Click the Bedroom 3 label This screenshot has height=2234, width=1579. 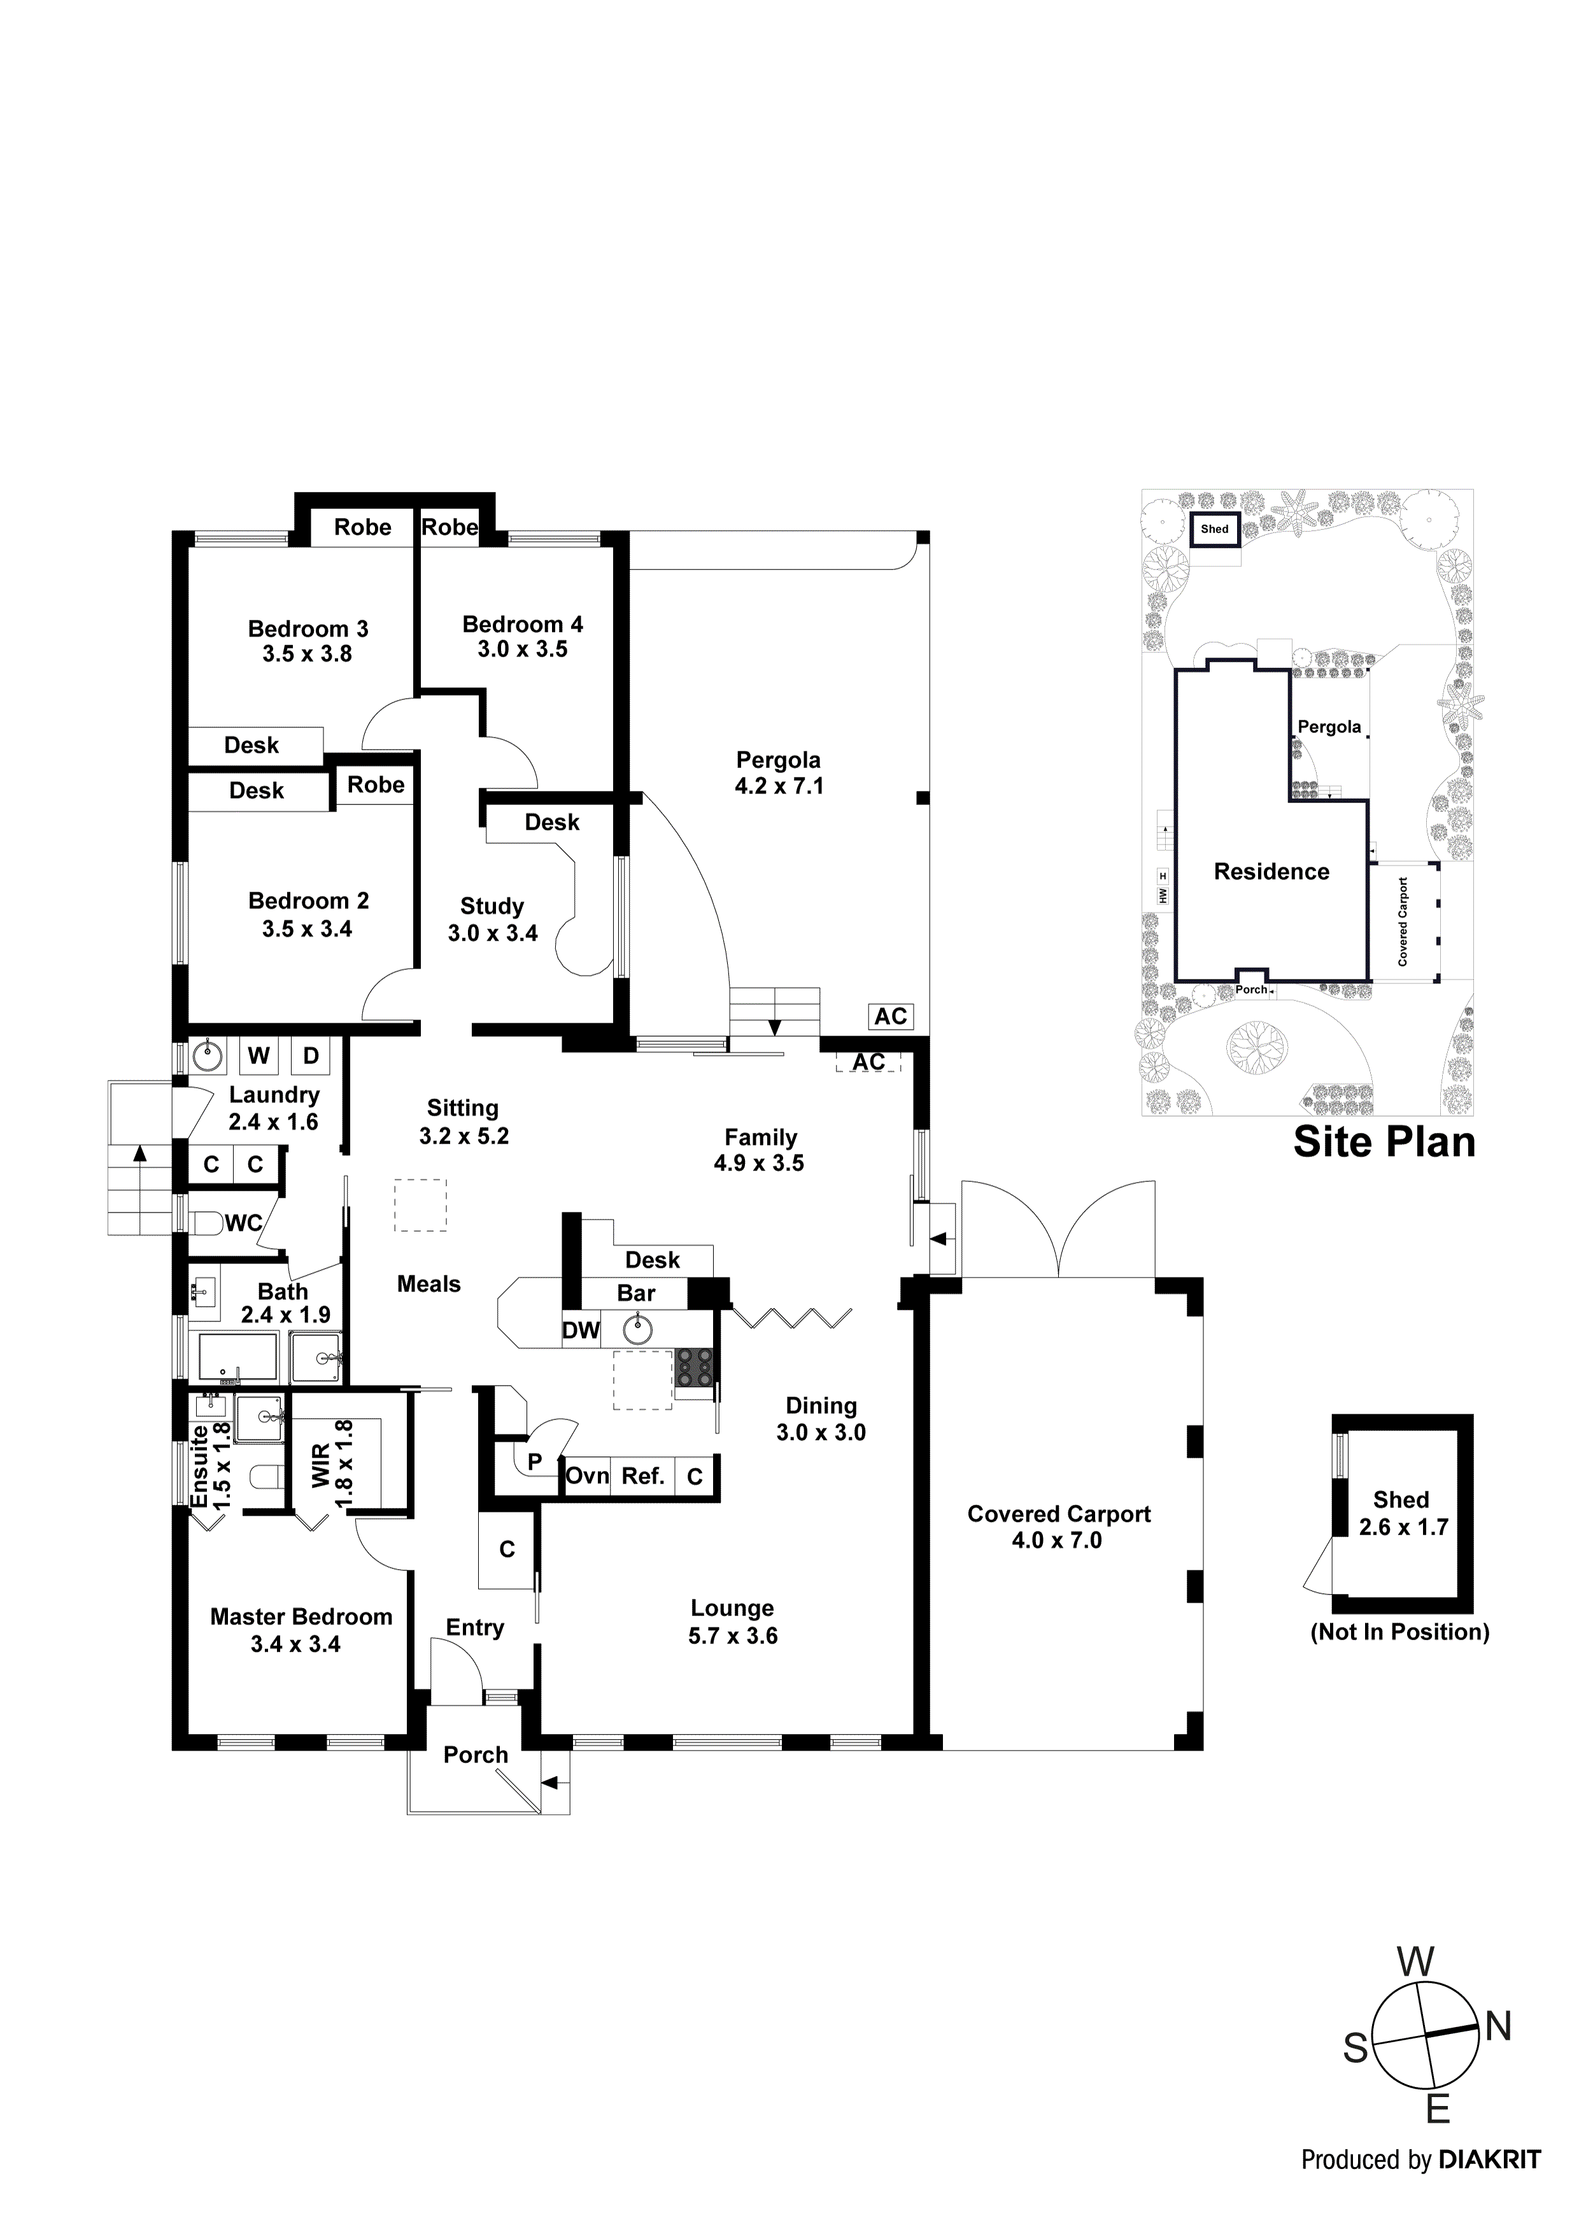pyautogui.click(x=308, y=629)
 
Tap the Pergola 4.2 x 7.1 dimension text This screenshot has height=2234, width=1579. pyautogui.click(x=778, y=786)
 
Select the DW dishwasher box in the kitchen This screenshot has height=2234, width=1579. pyautogui.click(x=581, y=1330)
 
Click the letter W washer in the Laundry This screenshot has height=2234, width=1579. pyautogui.click(x=258, y=1056)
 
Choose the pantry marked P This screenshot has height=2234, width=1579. pyautogui.click(x=534, y=1462)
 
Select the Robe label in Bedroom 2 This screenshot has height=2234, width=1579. pyautogui.click(x=376, y=785)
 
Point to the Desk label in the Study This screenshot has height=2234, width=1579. pyautogui.click(x=551, y=822)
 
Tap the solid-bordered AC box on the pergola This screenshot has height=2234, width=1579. pyautogui.click(x=890, y=1017)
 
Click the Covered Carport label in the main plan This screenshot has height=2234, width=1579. pyautogui.click(x=1059, y=1514)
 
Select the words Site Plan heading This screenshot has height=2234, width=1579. pyautogui.click(x=1384, y=1142)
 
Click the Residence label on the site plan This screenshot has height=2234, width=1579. pyautogui.click(x=1271, y=872)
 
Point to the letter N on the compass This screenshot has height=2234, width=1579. pyautogui.click(x=1498, y=2027)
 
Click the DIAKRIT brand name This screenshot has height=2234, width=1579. pyautogui.click(x=1489, y=2188)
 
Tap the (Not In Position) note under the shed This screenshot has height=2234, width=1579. pyautogui.click(x=1399, y=1632)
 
